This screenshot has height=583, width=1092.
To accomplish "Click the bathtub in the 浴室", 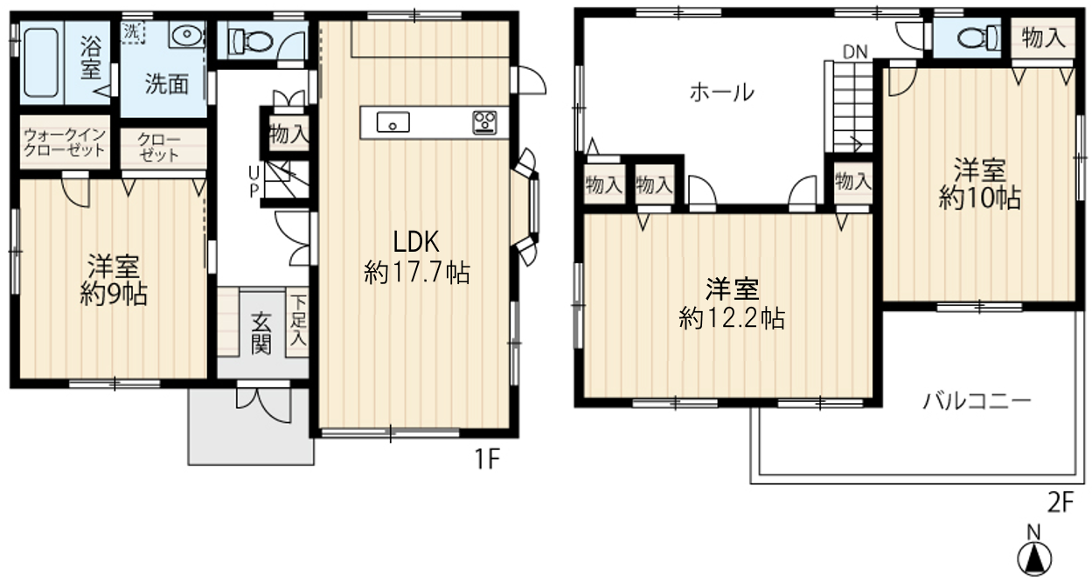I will [41, 62].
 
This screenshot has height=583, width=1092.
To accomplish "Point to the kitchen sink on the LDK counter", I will [393, 122].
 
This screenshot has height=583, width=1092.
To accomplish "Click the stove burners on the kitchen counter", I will [484, 122].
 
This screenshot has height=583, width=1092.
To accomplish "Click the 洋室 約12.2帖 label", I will [731, 302].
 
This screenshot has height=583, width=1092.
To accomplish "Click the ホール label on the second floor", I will [721, 92].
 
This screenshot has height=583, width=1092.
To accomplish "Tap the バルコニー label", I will [977, 402].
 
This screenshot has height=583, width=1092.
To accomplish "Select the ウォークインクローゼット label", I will [65, 142].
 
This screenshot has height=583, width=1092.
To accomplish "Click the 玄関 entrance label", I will [261, 333].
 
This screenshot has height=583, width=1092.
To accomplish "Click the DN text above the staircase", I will [854, 51].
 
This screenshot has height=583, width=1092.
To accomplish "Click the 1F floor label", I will [487, 460].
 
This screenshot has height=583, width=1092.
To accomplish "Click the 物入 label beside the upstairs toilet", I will [1043, 38].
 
